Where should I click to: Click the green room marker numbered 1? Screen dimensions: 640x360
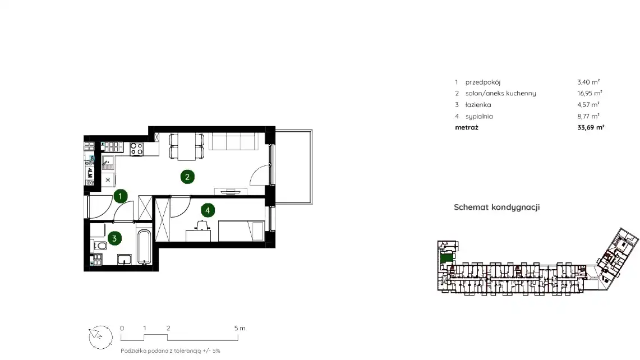(120, 196)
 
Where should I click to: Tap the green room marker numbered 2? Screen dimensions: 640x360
(187, 177)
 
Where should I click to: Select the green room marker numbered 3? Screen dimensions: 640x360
(114, 238)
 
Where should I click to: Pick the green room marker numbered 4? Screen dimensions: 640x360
(208, 211)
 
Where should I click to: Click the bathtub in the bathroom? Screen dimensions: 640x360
(144, 247)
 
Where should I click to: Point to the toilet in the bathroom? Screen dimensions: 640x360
(100, 246)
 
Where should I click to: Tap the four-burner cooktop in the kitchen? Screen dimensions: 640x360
(137, 149)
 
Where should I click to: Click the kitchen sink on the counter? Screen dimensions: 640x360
(108, 163)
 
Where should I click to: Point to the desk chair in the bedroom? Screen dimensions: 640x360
(202, 225)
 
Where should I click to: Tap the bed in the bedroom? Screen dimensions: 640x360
(241, 231)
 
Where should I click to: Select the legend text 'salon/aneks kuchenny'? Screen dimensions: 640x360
(500, 94)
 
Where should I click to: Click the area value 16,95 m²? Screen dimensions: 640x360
(590, 93)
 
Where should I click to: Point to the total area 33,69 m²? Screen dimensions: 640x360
(591, 127)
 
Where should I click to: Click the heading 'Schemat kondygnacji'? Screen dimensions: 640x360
(497, 207)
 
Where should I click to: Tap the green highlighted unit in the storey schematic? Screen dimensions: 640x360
(446, 258)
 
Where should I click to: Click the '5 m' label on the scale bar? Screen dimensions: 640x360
(240, 328)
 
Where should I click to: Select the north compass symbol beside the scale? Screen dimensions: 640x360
(100, 337)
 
